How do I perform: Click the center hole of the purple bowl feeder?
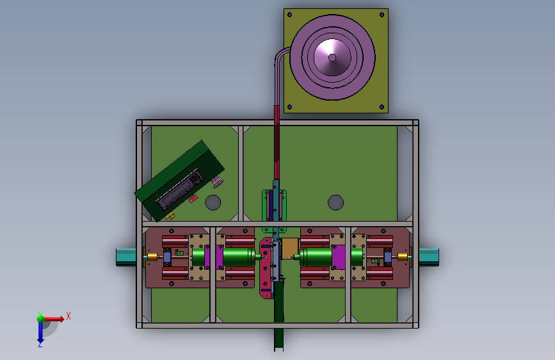(332, 58)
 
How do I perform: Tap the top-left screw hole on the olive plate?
(289, 15)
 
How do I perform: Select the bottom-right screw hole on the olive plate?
(382, 106)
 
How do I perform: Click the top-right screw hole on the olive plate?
(382, 15)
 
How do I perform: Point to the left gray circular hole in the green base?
(213, 202)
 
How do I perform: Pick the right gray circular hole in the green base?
(335, 202)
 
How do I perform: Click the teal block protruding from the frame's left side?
(126, 258)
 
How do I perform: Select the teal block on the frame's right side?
(429, 258)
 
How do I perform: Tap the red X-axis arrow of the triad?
(53, 319)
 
